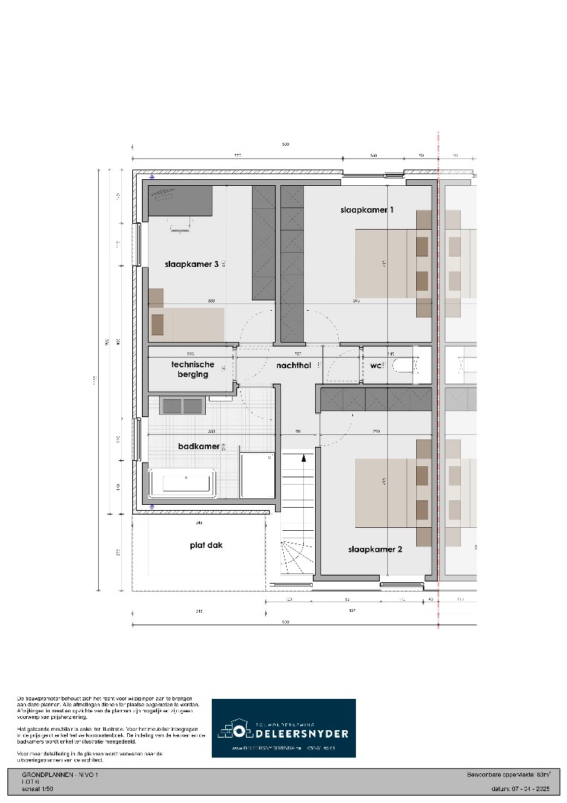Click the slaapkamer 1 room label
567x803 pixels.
point(367,210)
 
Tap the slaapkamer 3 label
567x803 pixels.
point(192,264)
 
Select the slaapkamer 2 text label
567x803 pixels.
point(375,549)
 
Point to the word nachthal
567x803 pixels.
point(294,366)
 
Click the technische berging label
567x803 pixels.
point(193,370)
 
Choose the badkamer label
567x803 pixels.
point(199,446)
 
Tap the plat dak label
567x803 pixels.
point(206,545)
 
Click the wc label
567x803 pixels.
point(375,366)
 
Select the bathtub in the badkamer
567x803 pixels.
point(182,483)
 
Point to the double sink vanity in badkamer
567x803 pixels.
point(183,405)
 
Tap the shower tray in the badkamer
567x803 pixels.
point(258,475)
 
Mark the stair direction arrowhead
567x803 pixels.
point(303,459)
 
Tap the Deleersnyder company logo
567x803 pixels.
point(283,728)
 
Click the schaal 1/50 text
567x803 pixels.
point(37,790)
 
